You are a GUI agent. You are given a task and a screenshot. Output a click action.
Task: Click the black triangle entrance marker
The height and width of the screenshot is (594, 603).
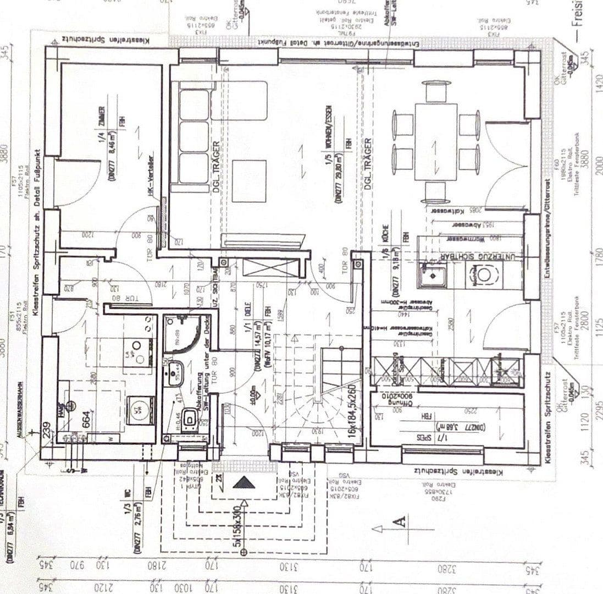point(244,483)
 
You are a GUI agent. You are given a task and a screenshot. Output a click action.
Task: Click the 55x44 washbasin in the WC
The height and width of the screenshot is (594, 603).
point(176,372)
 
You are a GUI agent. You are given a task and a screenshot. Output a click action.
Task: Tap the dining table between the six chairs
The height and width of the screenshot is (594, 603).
point(436,141)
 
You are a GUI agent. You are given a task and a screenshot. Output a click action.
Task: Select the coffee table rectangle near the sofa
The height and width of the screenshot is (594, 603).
point(249,181)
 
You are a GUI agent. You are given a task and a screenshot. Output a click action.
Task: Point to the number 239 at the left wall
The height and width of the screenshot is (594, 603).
point(48,429)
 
